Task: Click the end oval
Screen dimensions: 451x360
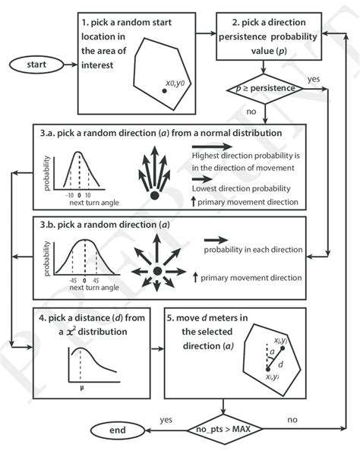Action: [x=117, y=431]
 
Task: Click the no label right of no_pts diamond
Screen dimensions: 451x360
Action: [x=292, y=418]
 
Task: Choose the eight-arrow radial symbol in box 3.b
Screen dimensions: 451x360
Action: [x=156, y=271]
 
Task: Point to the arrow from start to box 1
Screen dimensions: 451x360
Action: [x=66, y=65]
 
